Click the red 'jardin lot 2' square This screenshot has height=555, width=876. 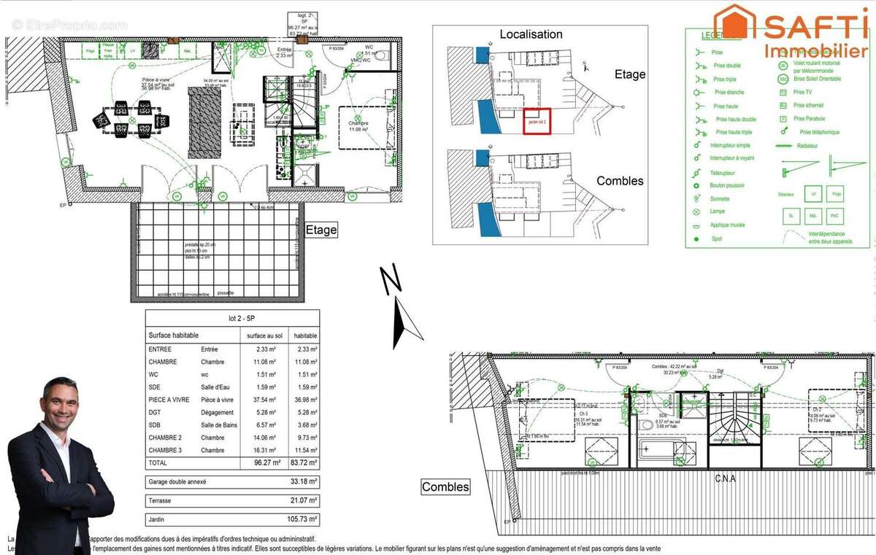(x=537, y=120)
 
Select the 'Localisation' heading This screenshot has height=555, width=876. (x=531, y=34)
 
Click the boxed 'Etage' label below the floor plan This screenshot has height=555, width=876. (x=320, y=230)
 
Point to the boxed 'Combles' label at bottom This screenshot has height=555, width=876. (x=445, y=486)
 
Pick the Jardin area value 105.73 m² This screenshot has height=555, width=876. (x=302, y=519)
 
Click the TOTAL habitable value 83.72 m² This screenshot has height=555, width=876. (x=304, y=462)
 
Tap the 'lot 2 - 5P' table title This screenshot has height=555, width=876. (x=232, y=318)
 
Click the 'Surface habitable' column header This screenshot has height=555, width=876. (x=173, y=335)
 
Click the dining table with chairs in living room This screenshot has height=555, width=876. (x=132, y=119)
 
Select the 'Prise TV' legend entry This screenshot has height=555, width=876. (x=802, y=92)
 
